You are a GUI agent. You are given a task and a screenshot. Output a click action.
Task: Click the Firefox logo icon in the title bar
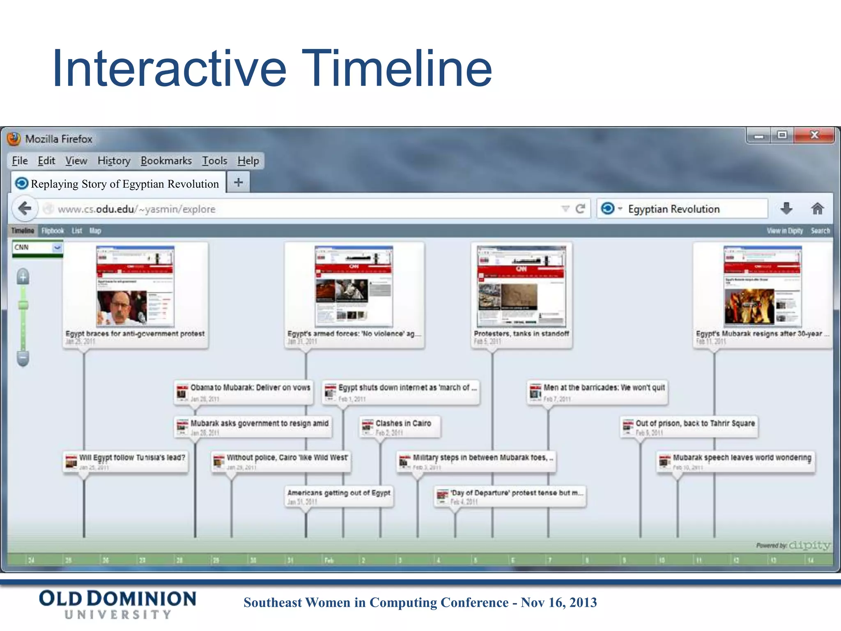point(14,139)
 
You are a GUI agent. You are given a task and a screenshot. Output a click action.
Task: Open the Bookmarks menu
point(166,161)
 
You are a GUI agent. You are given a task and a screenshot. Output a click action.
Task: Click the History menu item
point(114,161)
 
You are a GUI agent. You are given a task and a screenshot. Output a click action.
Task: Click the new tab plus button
point(238,182)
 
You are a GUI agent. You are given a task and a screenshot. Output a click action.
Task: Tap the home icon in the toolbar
point(817,209)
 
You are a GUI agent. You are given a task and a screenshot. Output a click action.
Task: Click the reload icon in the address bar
point(580,209)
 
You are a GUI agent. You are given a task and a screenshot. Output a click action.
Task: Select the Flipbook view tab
point(53,231)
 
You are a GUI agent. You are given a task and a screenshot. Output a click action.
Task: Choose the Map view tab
point(95,231)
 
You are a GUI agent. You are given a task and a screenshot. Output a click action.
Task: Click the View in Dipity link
point(784,231)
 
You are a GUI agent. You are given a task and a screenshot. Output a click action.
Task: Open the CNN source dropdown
point(57,247)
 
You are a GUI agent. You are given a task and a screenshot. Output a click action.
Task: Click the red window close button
point(814,135)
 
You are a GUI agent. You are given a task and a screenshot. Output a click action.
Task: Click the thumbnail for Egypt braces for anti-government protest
point(135,286)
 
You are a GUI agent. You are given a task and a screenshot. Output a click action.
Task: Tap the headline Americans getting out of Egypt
point(339,493)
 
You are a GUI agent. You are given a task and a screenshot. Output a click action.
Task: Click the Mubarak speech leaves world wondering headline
point(742,458)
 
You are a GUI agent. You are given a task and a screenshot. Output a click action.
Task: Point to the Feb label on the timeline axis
point(329,560)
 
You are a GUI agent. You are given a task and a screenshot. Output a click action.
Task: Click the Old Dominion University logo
point(117,604)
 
